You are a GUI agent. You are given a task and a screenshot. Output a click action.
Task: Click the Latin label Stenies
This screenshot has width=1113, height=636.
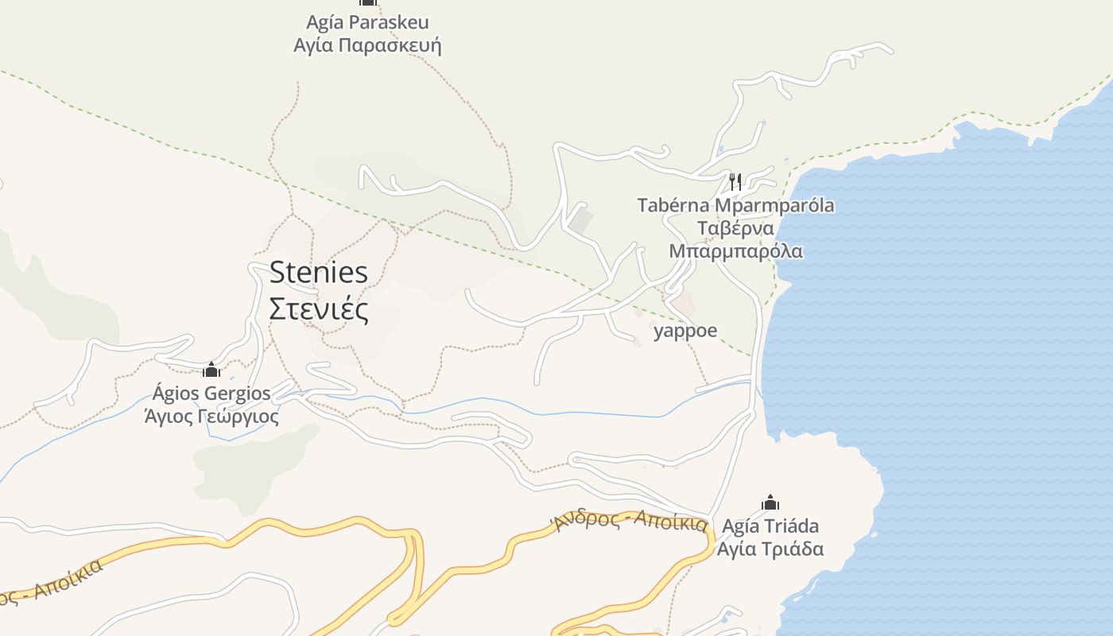point(319,273)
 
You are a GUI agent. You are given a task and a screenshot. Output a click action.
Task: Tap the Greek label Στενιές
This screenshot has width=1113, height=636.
point(319,309)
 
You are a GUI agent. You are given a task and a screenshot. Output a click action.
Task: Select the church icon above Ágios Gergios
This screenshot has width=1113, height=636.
point(211,370)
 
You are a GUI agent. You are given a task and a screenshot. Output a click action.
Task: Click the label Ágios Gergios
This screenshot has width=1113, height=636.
point(211,394)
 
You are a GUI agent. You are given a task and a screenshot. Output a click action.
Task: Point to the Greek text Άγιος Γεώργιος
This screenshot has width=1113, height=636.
point(211,416)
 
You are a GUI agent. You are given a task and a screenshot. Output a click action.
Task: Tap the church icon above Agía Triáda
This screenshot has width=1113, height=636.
point(770,502)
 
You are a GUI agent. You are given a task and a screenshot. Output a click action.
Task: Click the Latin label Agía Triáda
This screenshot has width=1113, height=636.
point(770,526)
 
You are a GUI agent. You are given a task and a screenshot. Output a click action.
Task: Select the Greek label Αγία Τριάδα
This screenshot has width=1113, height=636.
point(770,549)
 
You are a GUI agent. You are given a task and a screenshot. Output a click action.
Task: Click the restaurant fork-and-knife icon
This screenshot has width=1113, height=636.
point(735,181)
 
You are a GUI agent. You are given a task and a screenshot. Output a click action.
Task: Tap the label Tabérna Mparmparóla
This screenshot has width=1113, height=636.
point(735,205)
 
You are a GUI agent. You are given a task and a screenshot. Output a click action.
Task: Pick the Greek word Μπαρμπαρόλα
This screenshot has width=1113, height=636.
point(735,251)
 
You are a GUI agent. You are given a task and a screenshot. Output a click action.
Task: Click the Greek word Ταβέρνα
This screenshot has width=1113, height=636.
point(735,229)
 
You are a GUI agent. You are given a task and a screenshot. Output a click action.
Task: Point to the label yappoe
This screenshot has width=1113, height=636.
point(685,331)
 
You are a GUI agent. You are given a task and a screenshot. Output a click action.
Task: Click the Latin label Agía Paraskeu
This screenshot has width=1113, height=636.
point(366,22)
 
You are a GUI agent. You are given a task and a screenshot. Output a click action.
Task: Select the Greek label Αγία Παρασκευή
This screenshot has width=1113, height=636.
point(366,45)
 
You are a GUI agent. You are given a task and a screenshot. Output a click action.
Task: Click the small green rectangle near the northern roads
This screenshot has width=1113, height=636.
point(581,220)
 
